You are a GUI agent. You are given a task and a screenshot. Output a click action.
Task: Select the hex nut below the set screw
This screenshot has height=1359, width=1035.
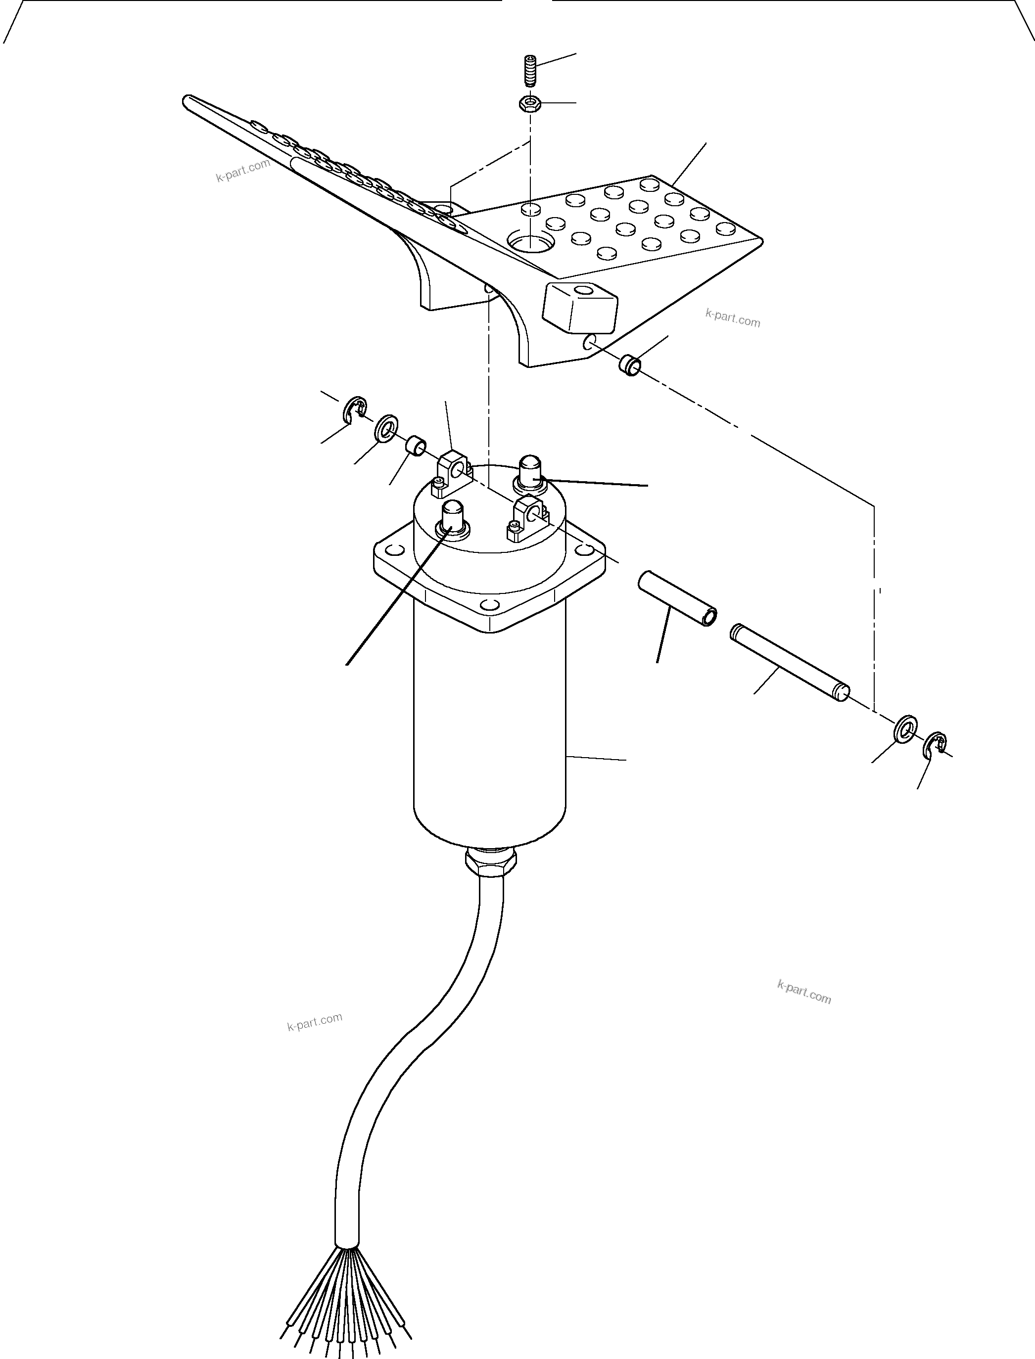click(530, 104)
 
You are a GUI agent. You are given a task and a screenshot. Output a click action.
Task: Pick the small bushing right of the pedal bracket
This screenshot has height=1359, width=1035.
click(630, 364)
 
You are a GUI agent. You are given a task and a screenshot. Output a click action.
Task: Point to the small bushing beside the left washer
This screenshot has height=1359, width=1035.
click(417, 445)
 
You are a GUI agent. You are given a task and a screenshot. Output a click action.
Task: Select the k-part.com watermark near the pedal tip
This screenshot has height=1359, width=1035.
click(243, 171)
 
